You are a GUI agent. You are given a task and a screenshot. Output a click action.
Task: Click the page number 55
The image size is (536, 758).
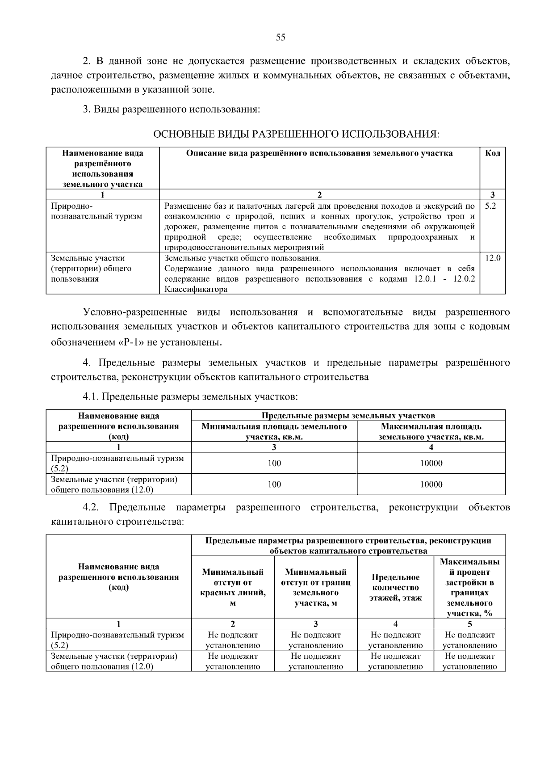(280, 38)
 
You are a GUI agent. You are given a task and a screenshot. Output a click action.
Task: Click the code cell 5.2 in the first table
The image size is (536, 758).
(490, 206)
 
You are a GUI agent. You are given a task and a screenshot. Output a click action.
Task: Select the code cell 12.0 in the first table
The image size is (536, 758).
(492, 258)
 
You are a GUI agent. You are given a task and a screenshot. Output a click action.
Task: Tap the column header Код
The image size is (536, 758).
(492, 153)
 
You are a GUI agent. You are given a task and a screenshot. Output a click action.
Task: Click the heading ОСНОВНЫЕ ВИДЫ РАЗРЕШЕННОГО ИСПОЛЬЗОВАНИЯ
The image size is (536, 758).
(297, 134)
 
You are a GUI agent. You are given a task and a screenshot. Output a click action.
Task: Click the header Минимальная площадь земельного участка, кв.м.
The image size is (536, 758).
(274, 432)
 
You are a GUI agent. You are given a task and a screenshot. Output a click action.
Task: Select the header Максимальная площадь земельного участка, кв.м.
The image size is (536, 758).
(431, 432)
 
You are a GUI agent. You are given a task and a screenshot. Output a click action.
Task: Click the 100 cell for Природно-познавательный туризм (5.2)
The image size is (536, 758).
(274, 463)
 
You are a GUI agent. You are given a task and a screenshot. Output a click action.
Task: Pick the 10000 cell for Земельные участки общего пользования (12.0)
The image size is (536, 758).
(431, 484)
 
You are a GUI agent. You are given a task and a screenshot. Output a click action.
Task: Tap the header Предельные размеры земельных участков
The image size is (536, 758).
(348, 416)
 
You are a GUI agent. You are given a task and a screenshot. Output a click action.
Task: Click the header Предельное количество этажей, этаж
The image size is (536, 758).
(395, 587)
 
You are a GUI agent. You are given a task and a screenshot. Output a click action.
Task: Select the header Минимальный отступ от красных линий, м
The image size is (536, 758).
(233, 587)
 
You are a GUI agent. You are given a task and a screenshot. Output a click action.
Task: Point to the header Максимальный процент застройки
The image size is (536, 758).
(469, 587)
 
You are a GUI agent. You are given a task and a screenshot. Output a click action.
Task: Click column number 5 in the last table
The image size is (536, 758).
(469, 624)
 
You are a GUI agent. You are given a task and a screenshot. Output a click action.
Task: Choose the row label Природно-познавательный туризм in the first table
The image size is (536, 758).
(96, 211)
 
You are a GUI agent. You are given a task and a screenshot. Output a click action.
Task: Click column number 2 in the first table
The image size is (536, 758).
(319, 194)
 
